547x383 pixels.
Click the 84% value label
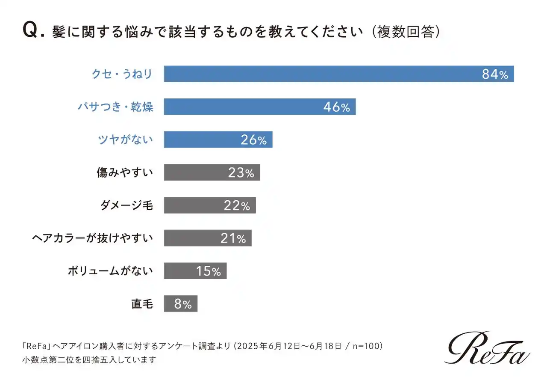[x=495, y=74]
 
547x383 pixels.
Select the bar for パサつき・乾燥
[x=260, y=107]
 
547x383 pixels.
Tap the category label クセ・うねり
[x=122, y=74]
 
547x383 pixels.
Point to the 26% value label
[x=253, y=140]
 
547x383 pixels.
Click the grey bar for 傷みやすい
[x=212, y=172]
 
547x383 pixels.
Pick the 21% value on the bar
[x=233, y=238]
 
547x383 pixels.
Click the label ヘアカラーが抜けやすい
[x=93, y=238]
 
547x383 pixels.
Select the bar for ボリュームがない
[x=195, y=271]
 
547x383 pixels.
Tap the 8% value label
[x=183, y=304]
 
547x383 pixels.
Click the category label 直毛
[x=142, y=304]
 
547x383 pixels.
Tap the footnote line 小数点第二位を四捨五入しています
[x=89, y=359]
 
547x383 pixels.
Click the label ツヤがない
[x=126, y=140]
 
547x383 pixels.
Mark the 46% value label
[x=336, y=107]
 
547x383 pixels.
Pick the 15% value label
[x=208, y=271]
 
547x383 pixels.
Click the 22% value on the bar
[x=237, y=205]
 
